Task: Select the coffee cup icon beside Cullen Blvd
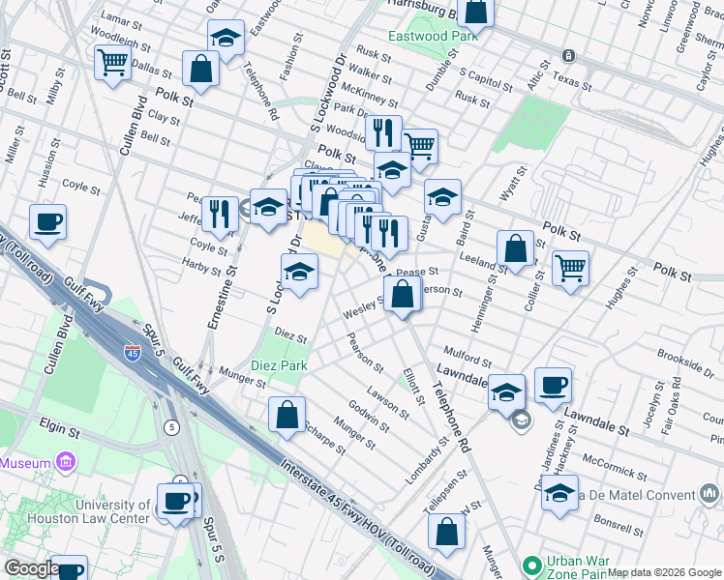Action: (47, 222)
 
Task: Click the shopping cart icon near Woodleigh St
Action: (113, 62)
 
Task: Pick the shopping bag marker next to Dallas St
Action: (201, 68)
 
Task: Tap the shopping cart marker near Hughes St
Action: (570, 267)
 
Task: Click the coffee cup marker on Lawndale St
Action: (553, 385)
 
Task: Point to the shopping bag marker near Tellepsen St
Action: (446, 531)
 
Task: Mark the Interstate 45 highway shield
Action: (133, 353)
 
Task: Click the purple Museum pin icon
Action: (66, 463)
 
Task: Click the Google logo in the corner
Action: (31, 568)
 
